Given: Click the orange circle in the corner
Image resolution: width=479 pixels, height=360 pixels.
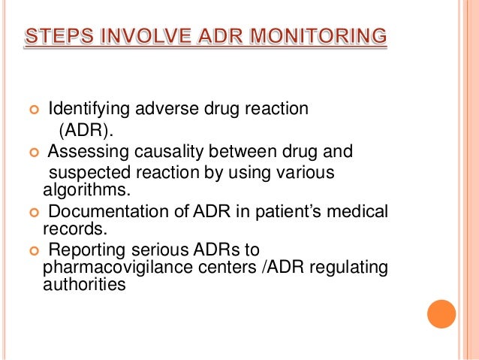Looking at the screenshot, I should point(442,313).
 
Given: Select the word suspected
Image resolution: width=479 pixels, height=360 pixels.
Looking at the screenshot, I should point(84,173).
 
